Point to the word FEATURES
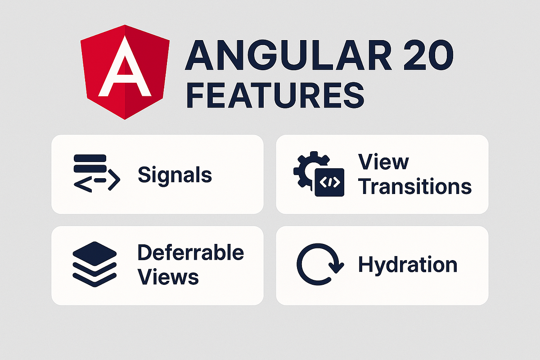point(274,94)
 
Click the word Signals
point(175,175)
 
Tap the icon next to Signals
point(96,173)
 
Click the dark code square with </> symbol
point(329,183)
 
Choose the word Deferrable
point(190,252)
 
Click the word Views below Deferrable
point(168,277)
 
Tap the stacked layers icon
point(94,265)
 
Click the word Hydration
point(407,265)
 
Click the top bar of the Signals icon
point(89,158)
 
